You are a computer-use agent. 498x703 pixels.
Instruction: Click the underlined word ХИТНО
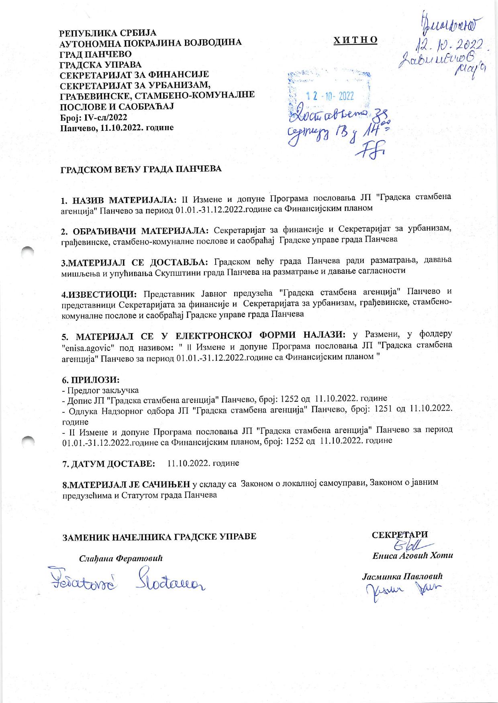point(355,40)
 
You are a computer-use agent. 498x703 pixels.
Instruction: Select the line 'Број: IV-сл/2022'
point(93,118)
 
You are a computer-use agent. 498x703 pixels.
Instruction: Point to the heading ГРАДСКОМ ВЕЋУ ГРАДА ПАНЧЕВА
point(141,169)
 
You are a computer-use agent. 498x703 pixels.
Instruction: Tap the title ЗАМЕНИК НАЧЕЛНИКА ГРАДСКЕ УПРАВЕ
point(158,536)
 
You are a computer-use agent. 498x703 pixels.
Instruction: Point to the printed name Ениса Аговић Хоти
point(412,556)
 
